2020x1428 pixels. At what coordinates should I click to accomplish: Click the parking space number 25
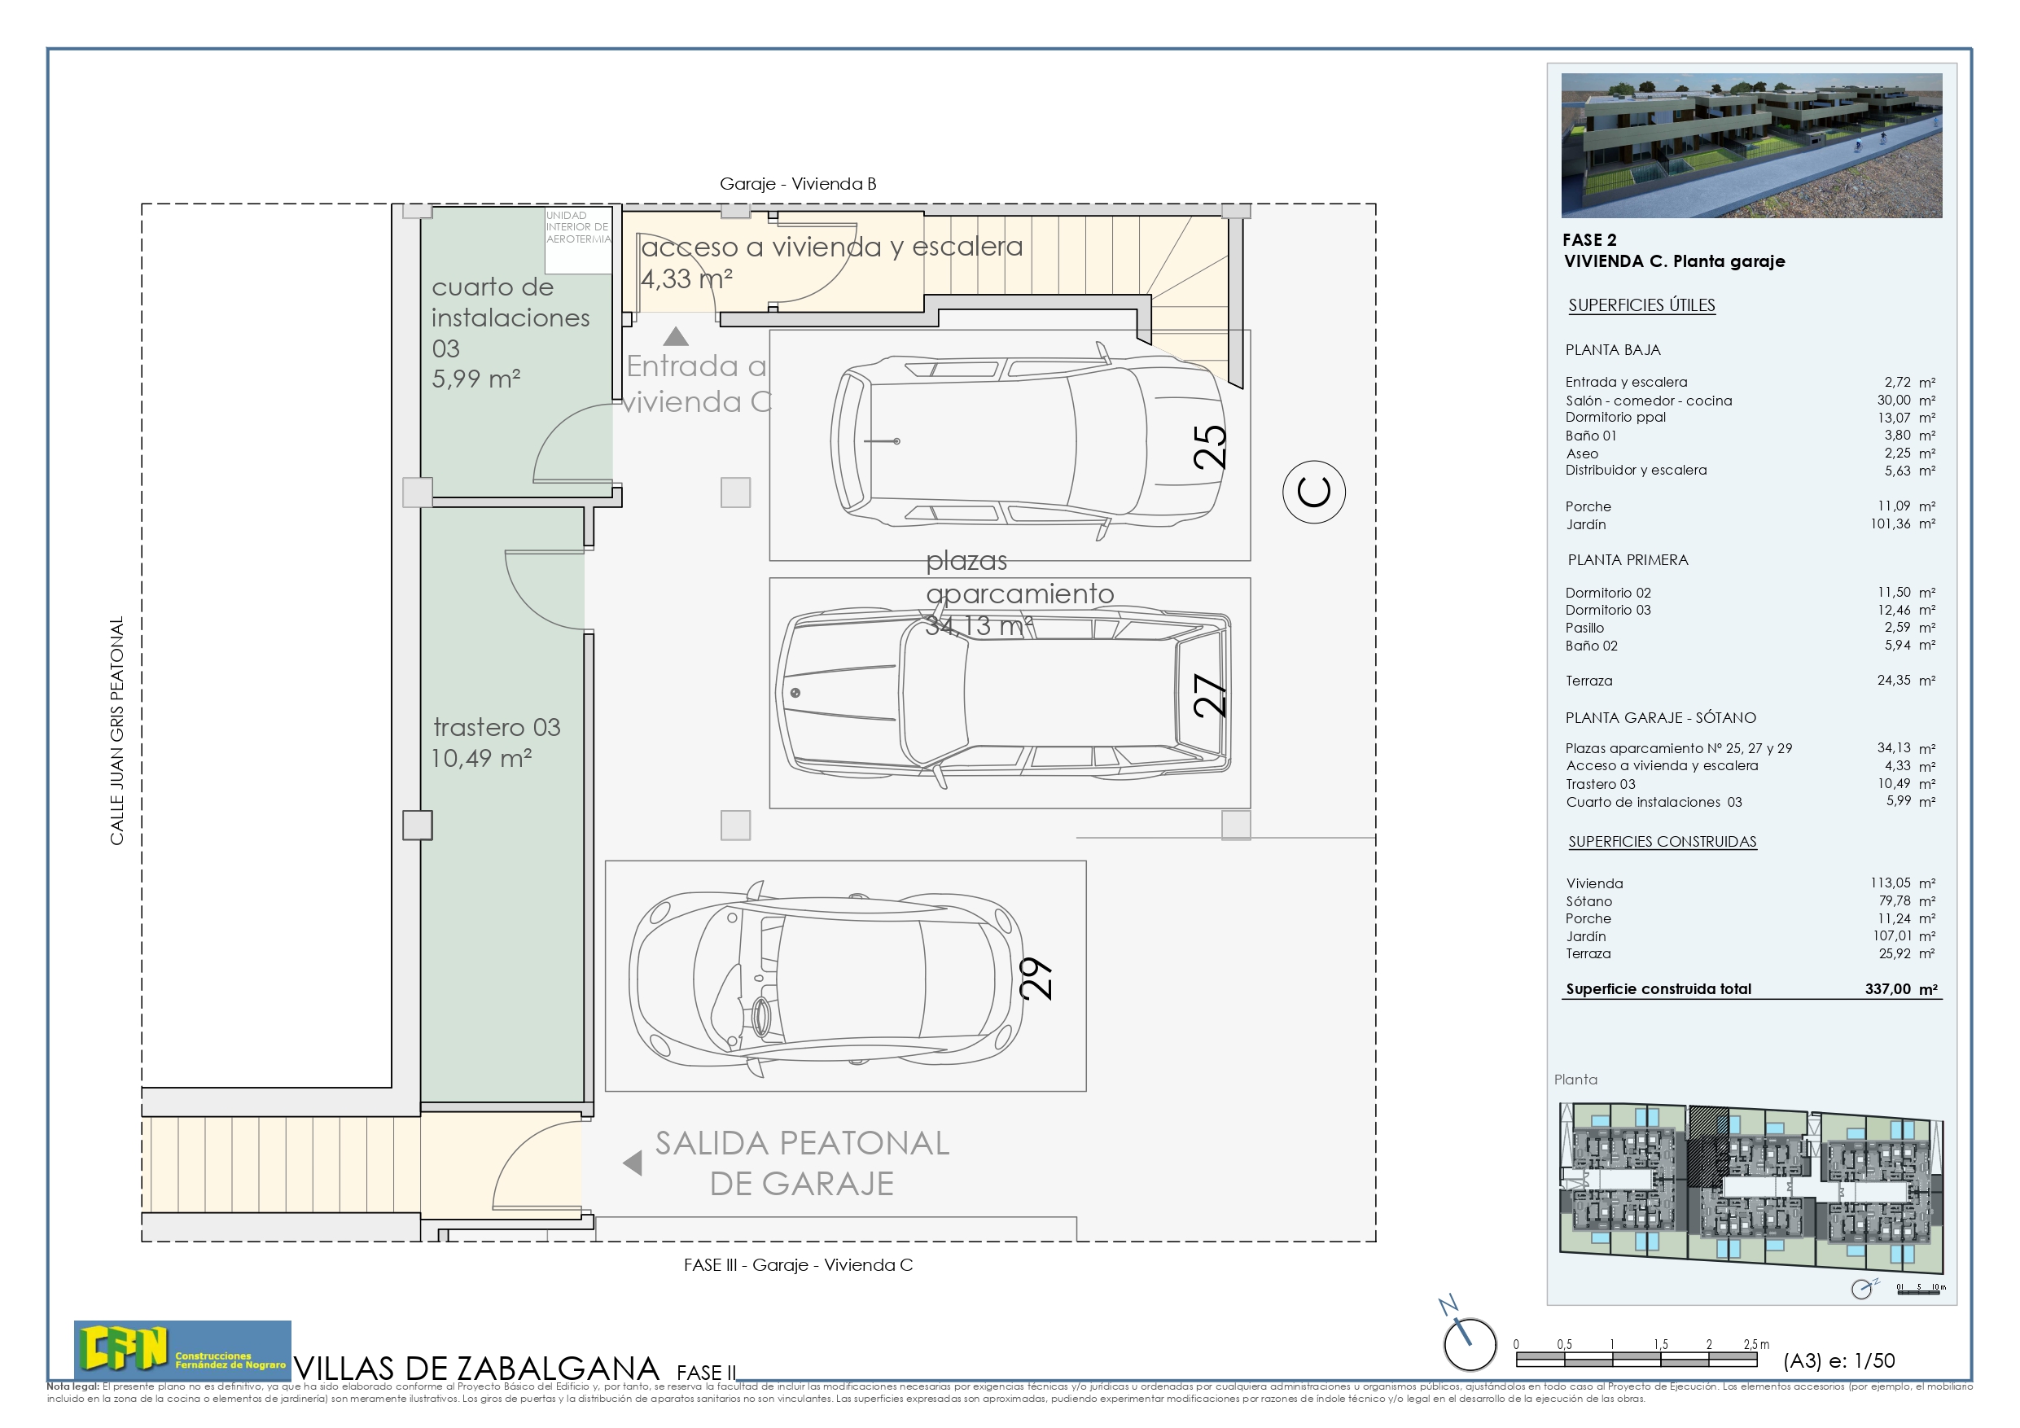click(x=1210, y=447)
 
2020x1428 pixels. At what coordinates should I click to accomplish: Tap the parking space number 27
click(x=1210, y=695)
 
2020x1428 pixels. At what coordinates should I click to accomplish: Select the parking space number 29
click(x=1036, y=979)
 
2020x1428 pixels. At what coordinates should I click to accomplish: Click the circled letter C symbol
click(x=1313, y=492)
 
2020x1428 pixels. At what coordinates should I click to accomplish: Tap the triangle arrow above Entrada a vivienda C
click(x=676, y=337)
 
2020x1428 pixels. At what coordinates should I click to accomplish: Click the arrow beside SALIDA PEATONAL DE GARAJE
click(x=633, y=1163)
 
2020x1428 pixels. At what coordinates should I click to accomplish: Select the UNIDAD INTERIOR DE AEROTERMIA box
click(x=578, y=240)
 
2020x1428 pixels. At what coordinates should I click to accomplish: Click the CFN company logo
click(x=182, y=1349)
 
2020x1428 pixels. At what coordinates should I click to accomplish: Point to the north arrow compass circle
click(x=1470, y=1344)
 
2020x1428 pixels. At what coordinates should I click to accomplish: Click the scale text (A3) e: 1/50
click(x=1838, y=1360)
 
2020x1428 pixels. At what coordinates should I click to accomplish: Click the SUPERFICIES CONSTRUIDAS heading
click(x=1662, y=841)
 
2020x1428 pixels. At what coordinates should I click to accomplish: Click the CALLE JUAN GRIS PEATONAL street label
click(x=117, y=730)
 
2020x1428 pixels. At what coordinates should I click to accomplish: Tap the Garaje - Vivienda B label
click(x=798, y=184)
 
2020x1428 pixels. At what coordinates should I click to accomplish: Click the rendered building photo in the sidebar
click(x=1751, y=145)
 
